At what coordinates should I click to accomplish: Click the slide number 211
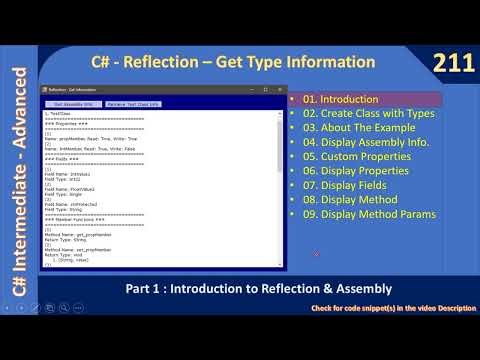click(452, 63)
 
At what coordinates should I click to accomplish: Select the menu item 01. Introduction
click(341, 99)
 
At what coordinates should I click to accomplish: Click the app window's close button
click(273, 90)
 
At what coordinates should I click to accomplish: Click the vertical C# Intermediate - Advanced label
click(17, 180)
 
